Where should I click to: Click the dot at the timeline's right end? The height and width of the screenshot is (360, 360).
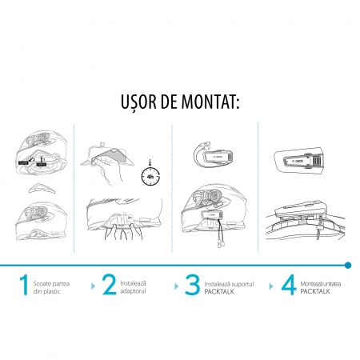(347, 263)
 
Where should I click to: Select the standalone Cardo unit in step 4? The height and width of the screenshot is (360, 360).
(300, 161)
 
